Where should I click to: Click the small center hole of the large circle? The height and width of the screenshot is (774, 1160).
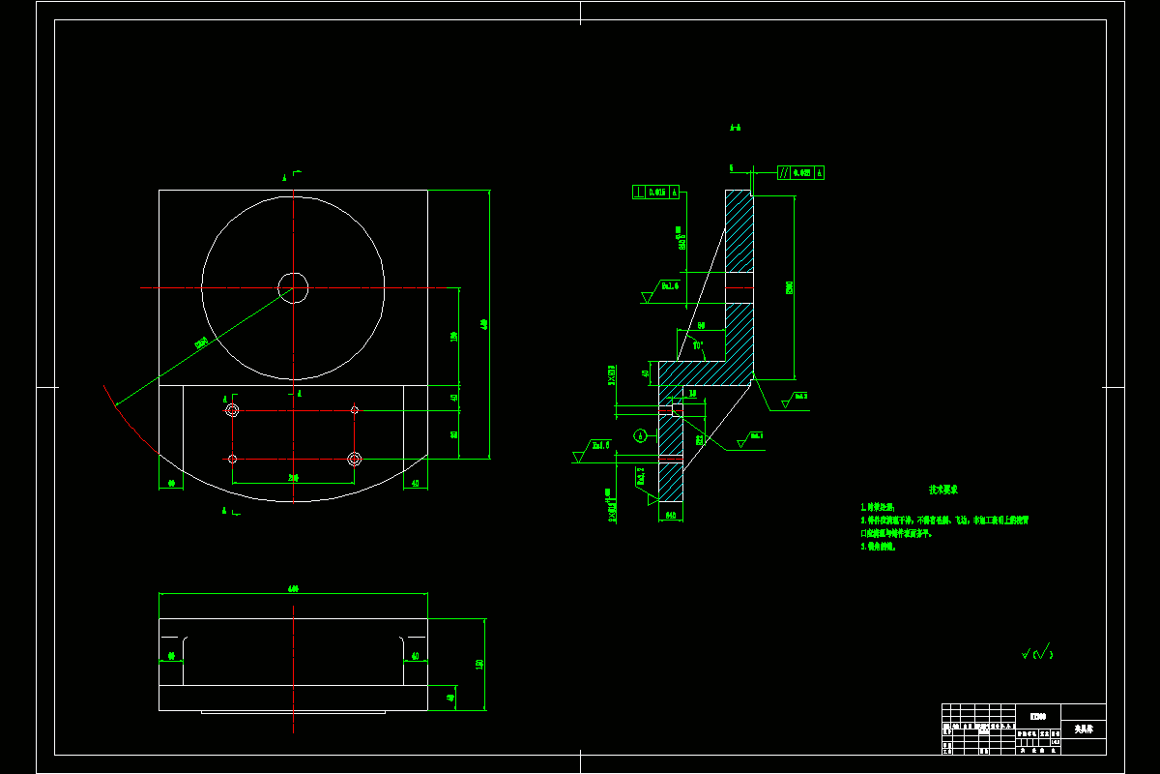(293, 286)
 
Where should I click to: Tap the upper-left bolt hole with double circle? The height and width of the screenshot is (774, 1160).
(232, 410)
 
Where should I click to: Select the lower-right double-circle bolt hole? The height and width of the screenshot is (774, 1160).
(355, 459)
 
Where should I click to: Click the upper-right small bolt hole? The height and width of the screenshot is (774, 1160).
(355, 410)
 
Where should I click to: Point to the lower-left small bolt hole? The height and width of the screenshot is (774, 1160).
(233, 459)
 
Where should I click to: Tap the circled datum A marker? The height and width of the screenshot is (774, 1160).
(639, 435)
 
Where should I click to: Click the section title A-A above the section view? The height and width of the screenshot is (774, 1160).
(735, 127)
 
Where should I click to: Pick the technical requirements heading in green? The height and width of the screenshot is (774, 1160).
(943, 491)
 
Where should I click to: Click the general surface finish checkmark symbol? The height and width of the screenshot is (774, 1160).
(1037, 655)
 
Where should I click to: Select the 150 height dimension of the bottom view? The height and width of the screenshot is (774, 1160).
(479, 664)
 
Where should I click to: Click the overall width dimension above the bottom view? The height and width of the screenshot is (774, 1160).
(293, 588)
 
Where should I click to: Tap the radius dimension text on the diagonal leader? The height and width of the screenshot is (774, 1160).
(201, 342)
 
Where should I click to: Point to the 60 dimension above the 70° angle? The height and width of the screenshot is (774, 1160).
(701, 326)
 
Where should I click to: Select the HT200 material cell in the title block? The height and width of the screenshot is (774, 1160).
(1037, 716)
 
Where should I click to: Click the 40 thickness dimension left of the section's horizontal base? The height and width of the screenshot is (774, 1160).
(646, 372)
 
